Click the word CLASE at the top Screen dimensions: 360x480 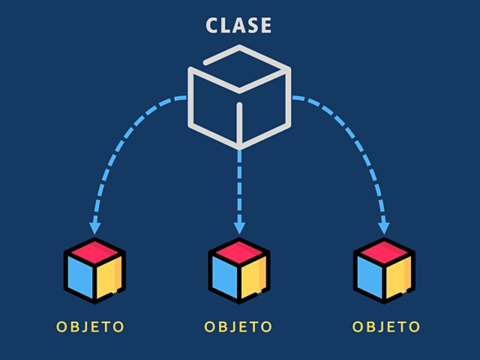(239, 25)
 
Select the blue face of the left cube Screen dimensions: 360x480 (79, 276)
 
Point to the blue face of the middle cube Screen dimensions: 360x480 (224, 276)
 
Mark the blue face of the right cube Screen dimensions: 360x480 (369, 276)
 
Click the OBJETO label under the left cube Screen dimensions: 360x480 (90, 327)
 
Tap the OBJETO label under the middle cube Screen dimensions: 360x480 (238, 327)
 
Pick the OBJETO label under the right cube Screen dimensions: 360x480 (386, 327)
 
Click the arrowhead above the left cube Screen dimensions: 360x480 (94, 226)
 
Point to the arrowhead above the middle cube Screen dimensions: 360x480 (239, 226)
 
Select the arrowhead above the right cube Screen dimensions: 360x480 (384, 226)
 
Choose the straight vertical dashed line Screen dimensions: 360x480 (239, 184)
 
